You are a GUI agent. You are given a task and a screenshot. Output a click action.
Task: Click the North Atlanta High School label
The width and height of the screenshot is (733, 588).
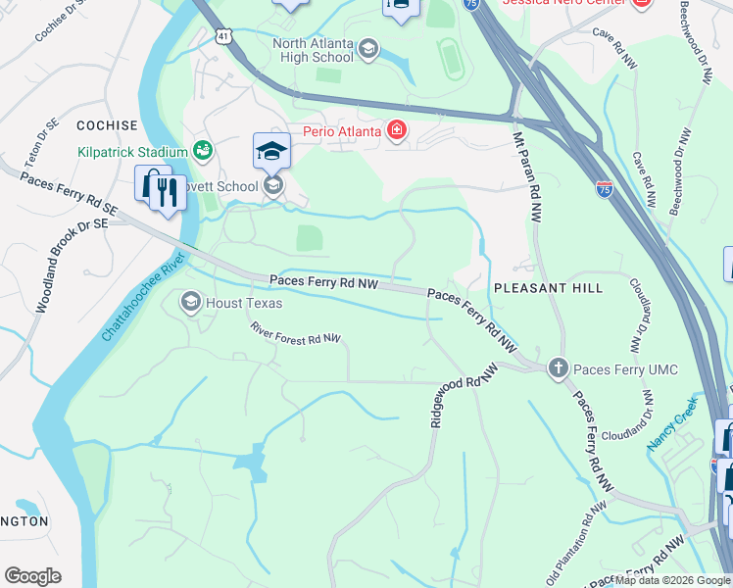coord(313,50)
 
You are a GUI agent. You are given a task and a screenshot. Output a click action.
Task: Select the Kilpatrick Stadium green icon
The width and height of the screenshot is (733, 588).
coord(202,151)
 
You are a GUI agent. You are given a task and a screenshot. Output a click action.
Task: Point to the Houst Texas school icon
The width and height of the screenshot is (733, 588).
coord(191,303)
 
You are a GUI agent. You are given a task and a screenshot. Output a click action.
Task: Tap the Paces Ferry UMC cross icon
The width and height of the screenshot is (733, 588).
coord(558,368)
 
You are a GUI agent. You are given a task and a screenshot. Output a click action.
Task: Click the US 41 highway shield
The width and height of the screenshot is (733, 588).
coord(224,37)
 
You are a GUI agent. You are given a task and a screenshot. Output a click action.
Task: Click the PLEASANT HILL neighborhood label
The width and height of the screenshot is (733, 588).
coord(548,288)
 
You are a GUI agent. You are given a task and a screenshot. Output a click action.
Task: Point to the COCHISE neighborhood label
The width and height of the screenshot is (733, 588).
coord(106,126)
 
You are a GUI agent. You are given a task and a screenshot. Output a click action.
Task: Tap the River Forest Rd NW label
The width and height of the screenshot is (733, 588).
coord(295,333)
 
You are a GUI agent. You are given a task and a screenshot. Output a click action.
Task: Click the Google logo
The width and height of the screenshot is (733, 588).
coord(32,576)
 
